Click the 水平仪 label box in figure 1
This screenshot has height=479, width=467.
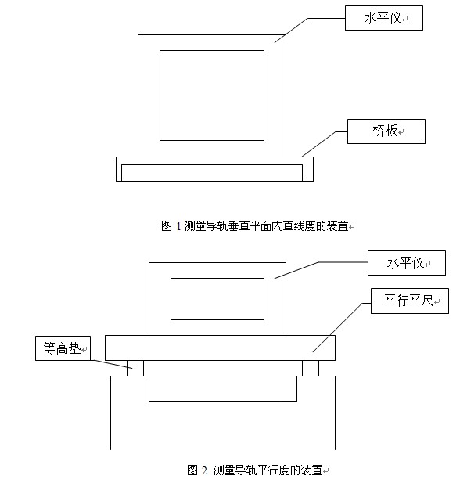(x=383, y=18)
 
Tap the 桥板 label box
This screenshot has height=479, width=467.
(x=386, y=131)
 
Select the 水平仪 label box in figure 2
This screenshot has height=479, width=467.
(x=407, y=263)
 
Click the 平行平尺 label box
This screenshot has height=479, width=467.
(x=410, y=301)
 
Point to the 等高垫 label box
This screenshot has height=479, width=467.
(x=63, y=348)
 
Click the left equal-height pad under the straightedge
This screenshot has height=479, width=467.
(x=135, y=368)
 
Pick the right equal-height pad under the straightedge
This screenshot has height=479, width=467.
(x=311, y=368)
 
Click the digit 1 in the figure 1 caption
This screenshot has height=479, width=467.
(x=178, y=226)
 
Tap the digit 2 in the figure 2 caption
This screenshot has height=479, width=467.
(x=204, y=470)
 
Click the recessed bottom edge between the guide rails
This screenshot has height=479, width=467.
(x=223, y=401)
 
